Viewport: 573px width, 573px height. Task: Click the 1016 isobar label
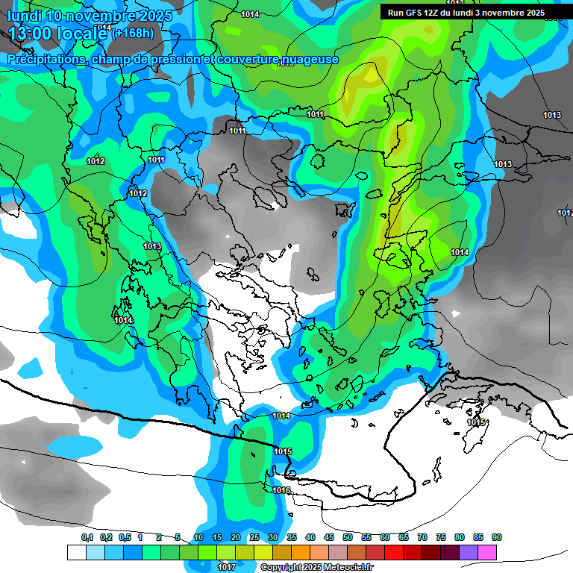pyautogui.click(x=281, y=490)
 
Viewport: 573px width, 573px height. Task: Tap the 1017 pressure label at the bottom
pyautogui.click(x=227, y=567)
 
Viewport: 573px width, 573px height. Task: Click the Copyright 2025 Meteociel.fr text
pyautogui.click(x=316, y=567)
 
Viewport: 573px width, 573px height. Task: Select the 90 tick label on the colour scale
pyautogui.click(x=497, y=537)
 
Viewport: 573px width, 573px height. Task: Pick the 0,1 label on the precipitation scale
pyautogui.click(x=87, y=537)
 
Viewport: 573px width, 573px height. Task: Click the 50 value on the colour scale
pyautogui.click(x=348, y=537)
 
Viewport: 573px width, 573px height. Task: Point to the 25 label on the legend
pyautogui.click(x=254, y=537)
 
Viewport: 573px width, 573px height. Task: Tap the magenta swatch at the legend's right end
pyautogui.click(x=487, y=552)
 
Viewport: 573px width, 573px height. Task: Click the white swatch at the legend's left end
pyautogui.click(x=77, y=552)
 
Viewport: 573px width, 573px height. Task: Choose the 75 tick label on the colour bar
pyautogui.click(x=441, y=537)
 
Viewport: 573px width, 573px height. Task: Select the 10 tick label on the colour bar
pyautogui.click(x=198, y=537)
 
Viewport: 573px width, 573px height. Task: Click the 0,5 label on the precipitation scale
pyautogui.click(x=125, y=537)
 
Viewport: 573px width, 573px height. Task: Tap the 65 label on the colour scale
pyautogui.click(x=404, y=537)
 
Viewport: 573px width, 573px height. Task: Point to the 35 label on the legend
pyautogui.click(x=292, y=537)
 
